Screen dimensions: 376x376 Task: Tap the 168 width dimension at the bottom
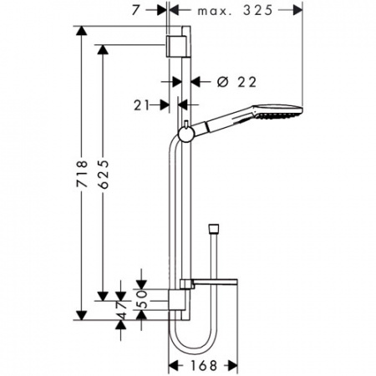coord(203,365)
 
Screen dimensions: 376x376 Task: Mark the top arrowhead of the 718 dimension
coord(81,30)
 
